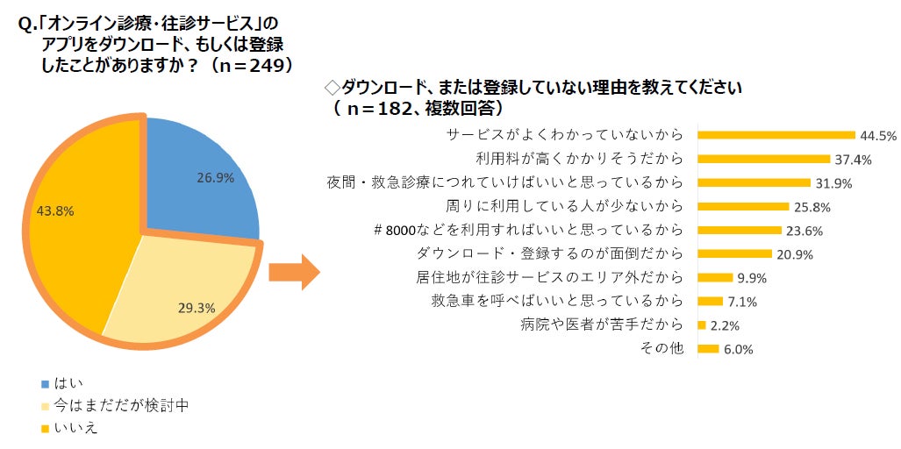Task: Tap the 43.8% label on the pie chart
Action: pyautogui.click(x=54, y=210)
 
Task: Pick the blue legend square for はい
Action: pyautogui.click(x=45, y=383)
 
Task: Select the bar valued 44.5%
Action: pyautogui.click(x=776, y=135)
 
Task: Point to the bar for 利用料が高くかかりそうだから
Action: pyautogui.click(x=763, y=159)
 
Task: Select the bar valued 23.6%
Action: pyautogui.click(x=739, y=231)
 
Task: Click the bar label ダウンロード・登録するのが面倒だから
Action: pyautogui.click(x=548, y=254)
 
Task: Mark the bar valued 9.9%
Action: pyautogui.click(x=714, y=278)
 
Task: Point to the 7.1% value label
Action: pyautogui.click(x=743, y=303)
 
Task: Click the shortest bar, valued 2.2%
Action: pyautogui.click(x=701, y=325)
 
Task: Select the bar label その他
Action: pyautogui.click(x=663, y=348)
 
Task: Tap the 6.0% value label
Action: pyautogui.click(x=739, y=350)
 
